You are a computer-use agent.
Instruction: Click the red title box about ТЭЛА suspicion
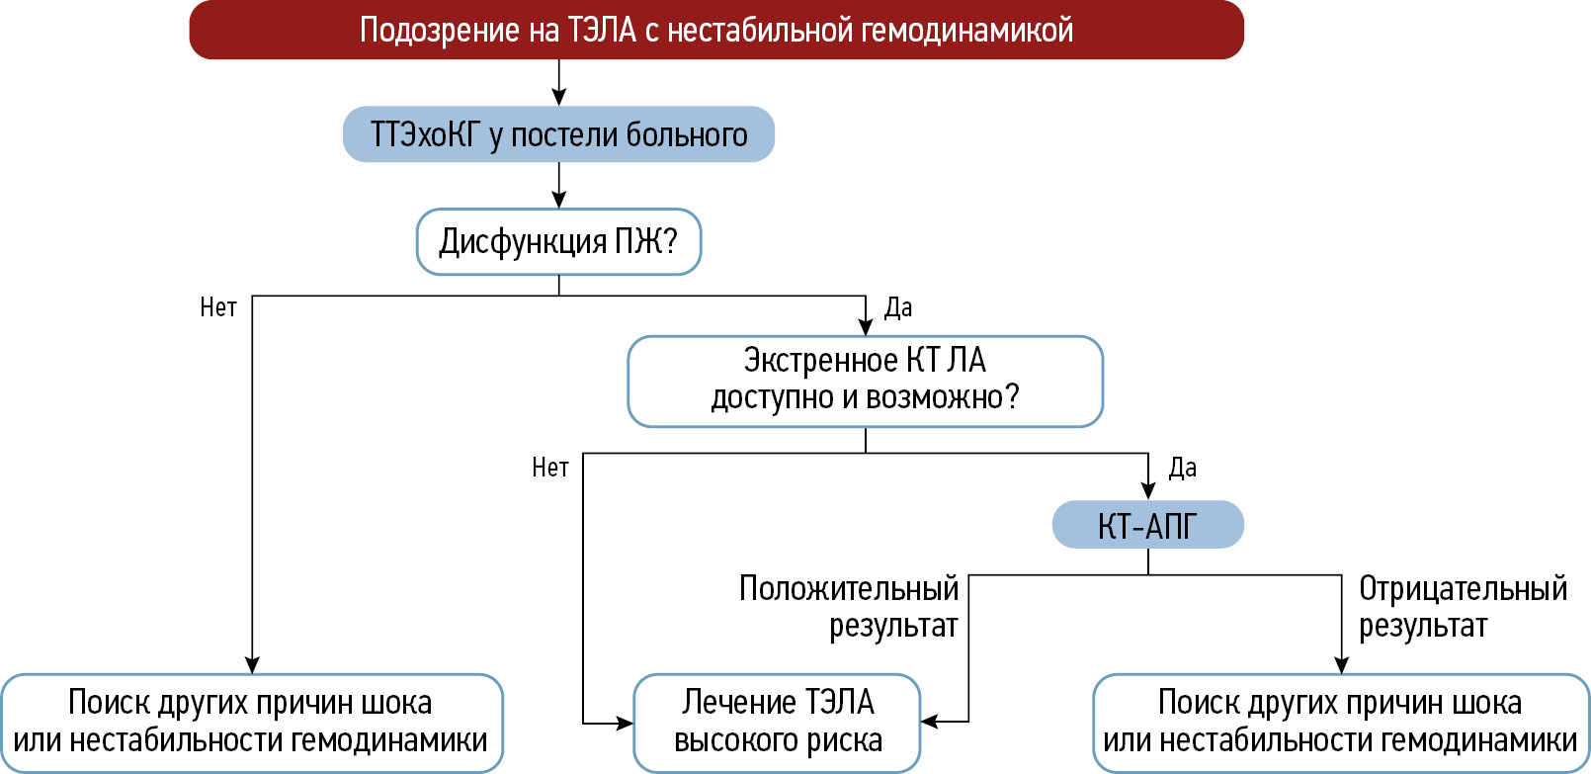pyautogui.click(x=715, y=30)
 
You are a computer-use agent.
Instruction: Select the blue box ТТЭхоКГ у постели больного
pyautogui.click(x=558, y=134)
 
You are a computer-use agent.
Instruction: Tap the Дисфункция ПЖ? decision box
pyautogui.click(x=558, y=241)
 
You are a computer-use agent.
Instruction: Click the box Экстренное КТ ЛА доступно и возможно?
pyautogui.click(x=865, y=381)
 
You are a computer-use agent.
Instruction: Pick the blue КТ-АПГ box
pyautogui.click(x=1147, y=525)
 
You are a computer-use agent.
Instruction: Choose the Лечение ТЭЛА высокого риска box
pyautogui.click(x=778, y=723)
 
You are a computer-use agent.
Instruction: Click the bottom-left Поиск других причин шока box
pyautogui.click(x=251, y=723)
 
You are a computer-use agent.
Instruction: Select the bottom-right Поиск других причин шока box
pyautogui.click(x=1340, y=723)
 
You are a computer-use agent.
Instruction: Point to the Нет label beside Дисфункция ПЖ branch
pyautogui.click(x=218, y=307)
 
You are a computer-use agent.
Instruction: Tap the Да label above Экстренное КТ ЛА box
pyautogui.click(x=897, y=307)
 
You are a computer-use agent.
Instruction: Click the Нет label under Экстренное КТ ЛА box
pyautogui.click(x=550, y=468)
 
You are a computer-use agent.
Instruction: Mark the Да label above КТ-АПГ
pyautogui.click(x=1182, y=468)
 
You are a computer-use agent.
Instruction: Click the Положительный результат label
pyautogui.click(x=850, y=607)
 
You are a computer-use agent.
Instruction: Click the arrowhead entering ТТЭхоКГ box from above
pyautogui.click(x=559, y=98)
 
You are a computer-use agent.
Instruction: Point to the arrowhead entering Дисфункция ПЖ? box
pyautogui.click(x=559, y=200)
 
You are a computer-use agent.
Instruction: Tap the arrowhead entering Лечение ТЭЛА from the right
pyautogui.click(x=930, y=722)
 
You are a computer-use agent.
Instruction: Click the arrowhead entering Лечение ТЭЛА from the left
pyautogui.click(x=624, y=724)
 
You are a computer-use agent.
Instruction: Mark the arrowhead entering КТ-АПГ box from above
pyautogui.click(x=1148, y=491)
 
